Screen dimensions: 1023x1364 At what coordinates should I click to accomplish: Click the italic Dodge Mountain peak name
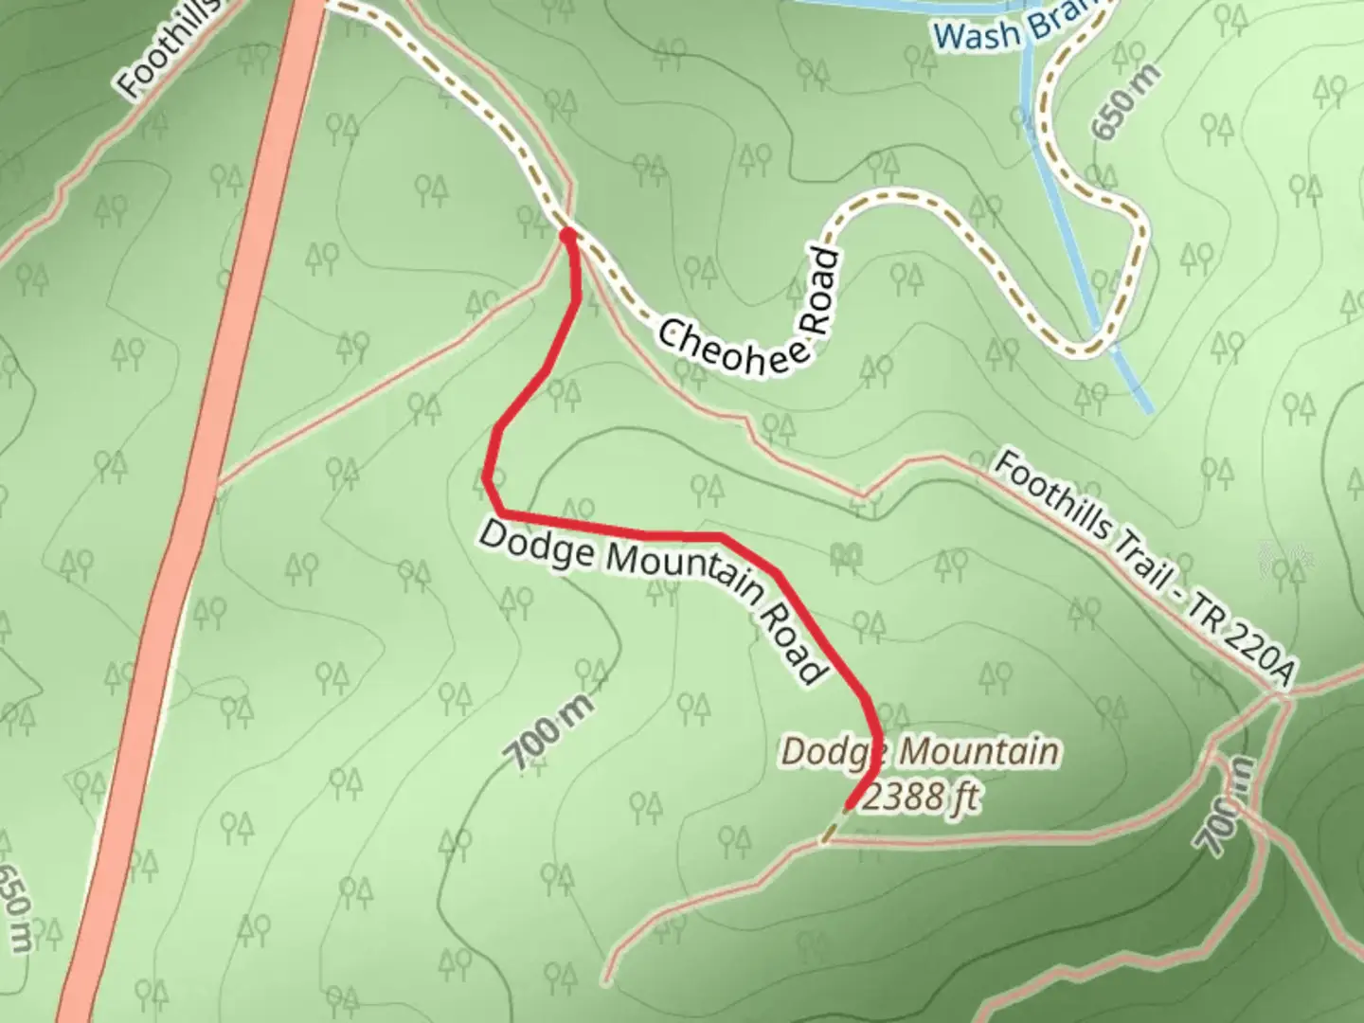click(919, 752)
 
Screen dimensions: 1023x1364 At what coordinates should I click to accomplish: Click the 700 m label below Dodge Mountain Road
click(549, 731)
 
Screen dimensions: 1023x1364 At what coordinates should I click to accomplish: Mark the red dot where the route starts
click(567, 235)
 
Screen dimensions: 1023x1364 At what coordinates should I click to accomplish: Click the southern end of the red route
click(849, 807)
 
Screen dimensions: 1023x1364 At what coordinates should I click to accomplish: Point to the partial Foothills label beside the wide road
click(167, 52)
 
